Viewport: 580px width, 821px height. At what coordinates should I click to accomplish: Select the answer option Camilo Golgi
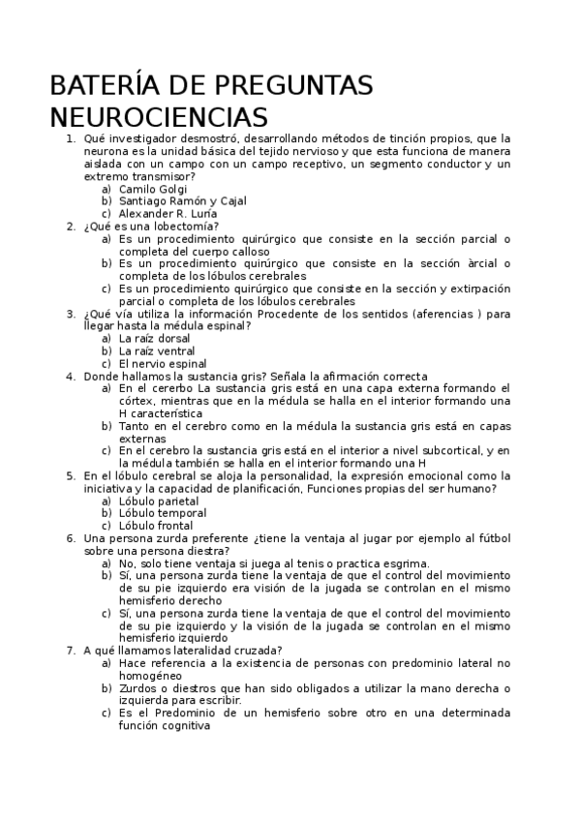[x=153, y=189]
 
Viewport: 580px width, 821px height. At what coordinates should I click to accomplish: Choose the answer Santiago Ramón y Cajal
[x=182, y=201]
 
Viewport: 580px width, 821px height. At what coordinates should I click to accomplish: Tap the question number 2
[x=71, y=227]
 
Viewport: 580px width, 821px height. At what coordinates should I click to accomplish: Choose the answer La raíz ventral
[x=157, y=351]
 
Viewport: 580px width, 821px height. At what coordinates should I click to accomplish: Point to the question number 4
[x=71, y=377]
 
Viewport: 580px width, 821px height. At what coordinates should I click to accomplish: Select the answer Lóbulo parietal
[x=160, y=502]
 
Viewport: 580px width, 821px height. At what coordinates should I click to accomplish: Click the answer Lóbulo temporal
[x=163, y=514]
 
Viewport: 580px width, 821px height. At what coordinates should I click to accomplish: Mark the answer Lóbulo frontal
[x=156, y=527]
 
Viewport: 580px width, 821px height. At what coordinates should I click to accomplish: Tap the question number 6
[x=71, y=538]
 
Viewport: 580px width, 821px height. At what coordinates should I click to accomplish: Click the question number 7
[x=71, y=651]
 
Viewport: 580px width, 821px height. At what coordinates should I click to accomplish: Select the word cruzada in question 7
[x=255, y=651]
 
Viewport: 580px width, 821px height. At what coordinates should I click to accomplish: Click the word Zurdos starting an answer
[x=137, y=688]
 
